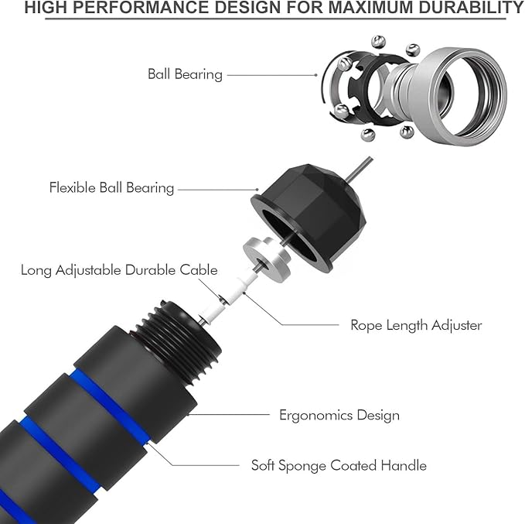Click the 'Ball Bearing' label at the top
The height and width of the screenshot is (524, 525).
(x=185, y=74)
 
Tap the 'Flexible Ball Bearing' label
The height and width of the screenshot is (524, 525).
(x=111, y=187)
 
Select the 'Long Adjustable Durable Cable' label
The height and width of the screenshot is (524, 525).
(x=119, y=270)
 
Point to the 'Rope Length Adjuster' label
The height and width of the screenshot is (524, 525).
(x=416, y=325)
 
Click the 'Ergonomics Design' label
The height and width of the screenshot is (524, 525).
(x=339, y=415)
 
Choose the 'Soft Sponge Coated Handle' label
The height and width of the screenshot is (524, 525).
(x=339, y=465)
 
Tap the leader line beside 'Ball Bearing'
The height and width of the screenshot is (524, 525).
(x=271, y=75)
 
